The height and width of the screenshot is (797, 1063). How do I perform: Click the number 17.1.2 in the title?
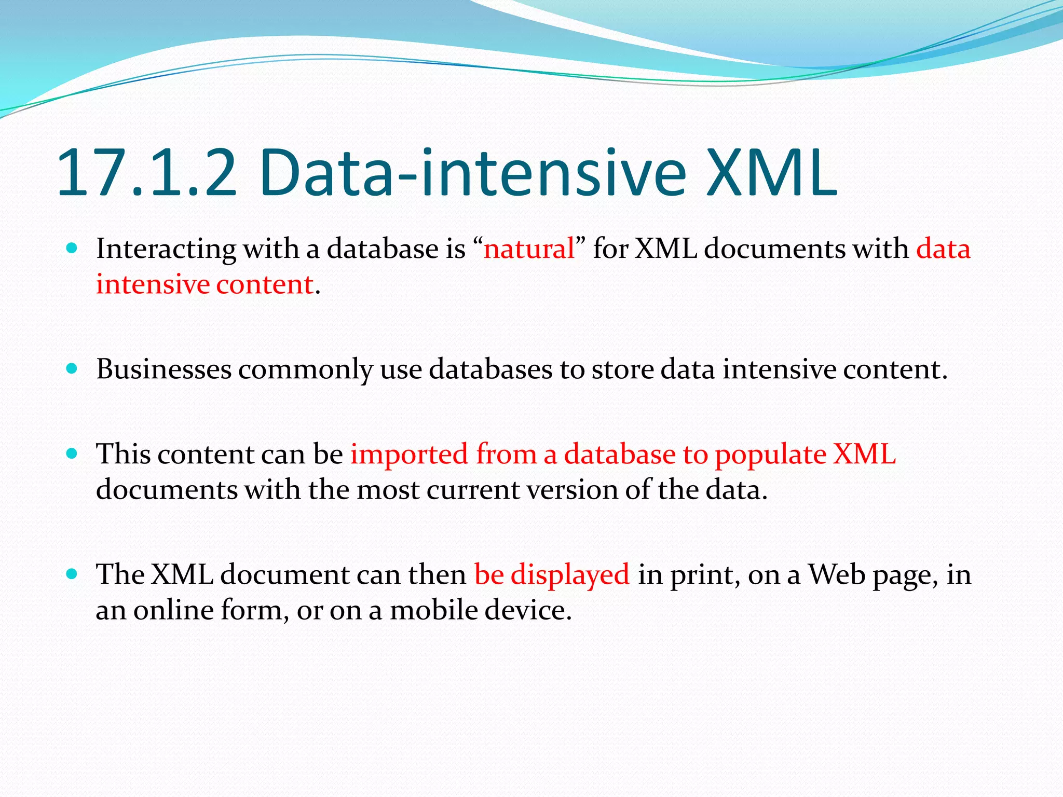click(x=146, y=174)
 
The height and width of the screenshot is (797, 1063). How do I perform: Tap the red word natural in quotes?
click(x=529, y=249)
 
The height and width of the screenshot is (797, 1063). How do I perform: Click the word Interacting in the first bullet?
click(x=166, y=249)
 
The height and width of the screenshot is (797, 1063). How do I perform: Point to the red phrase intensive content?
click(x=205, y=285)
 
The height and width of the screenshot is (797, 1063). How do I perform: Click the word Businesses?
click(x=163, y=369)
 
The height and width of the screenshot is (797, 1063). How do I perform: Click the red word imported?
click(x=409, y=455)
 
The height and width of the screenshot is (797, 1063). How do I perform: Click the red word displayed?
click(x=570, y=575)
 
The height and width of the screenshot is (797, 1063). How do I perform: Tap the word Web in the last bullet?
click(x=837, y=575)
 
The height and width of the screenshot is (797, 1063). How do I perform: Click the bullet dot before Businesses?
click(x=72, y=369)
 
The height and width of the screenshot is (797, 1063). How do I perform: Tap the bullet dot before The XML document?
click(x=72, y=574)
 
